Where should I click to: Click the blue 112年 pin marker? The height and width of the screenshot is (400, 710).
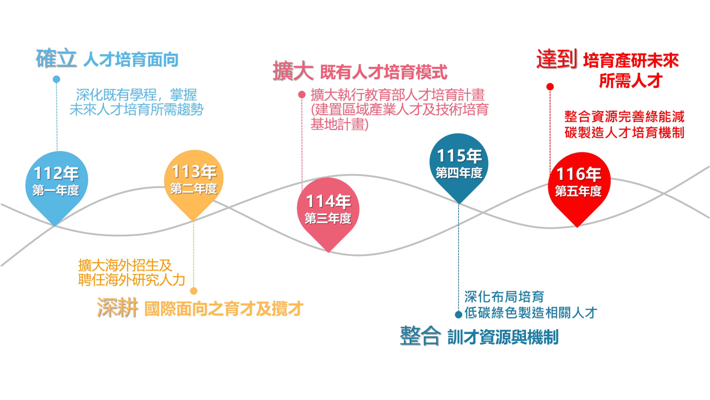[x=56, y=182]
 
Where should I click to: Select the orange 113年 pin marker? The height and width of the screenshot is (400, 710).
[x=194, y=179]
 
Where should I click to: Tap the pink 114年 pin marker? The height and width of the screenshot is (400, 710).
[x=328, y=210]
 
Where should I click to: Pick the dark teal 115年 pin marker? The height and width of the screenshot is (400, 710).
[x=459, y=164]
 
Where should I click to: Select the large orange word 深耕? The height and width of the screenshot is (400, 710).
[x=117, y=308]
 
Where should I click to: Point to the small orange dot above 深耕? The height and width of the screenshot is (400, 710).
[x=194, y=291]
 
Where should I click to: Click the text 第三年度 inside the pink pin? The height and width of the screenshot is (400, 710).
[x=328, y=219]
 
